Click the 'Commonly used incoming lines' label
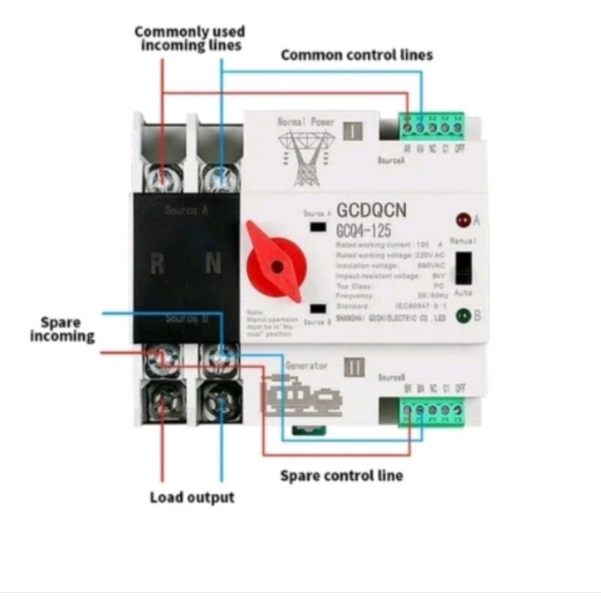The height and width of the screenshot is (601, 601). (x=189, y=38)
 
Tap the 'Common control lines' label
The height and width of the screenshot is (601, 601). (x=357, y=55)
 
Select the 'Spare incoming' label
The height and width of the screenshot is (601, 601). (x=62, y=329)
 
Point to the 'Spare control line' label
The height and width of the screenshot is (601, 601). (x=341, y=476)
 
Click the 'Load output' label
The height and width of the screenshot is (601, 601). (x=192, y=497)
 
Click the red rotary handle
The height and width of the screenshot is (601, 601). (x=276, y=264)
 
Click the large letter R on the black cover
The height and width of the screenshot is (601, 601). (x=157, y=264)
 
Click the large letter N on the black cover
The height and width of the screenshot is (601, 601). (x=213, y=264)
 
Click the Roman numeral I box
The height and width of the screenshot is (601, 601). (x=352, y=131)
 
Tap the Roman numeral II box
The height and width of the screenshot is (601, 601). (x=354, y=368)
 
